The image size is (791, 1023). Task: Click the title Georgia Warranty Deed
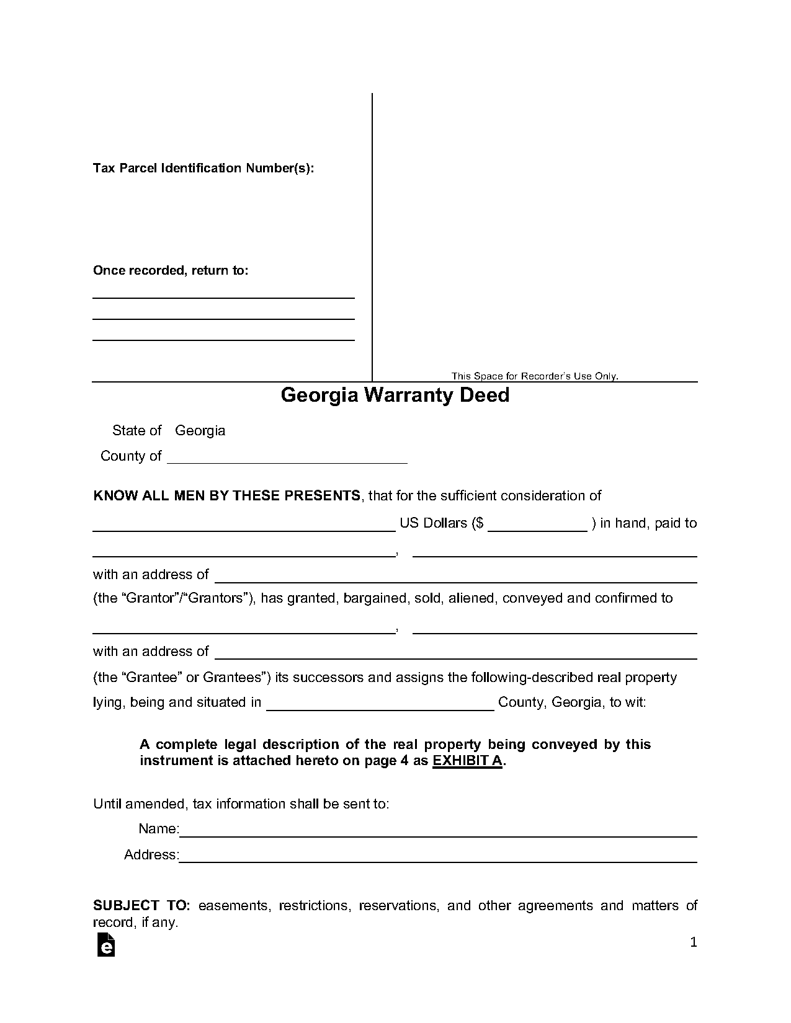coord(395,395)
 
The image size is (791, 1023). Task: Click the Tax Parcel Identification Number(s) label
coord(203,168)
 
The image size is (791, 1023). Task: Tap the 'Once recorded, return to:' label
coord(171,270)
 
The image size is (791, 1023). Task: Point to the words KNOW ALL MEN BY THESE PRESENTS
coord(226,495)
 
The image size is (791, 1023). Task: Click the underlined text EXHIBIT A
coord(467,761)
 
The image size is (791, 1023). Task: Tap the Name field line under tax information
coord(438,831)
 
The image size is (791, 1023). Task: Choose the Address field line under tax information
coord(438,857)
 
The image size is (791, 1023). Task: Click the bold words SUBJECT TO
coord(141,905)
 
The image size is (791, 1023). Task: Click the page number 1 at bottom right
coord(694,942)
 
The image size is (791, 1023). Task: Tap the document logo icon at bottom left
coord(106,944)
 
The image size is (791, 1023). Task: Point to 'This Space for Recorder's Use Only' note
coord(535,376)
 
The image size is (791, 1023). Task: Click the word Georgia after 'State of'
coord(200,430)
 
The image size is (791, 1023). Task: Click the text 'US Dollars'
coord(433,523)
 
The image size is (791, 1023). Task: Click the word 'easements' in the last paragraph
coord(234,905)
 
